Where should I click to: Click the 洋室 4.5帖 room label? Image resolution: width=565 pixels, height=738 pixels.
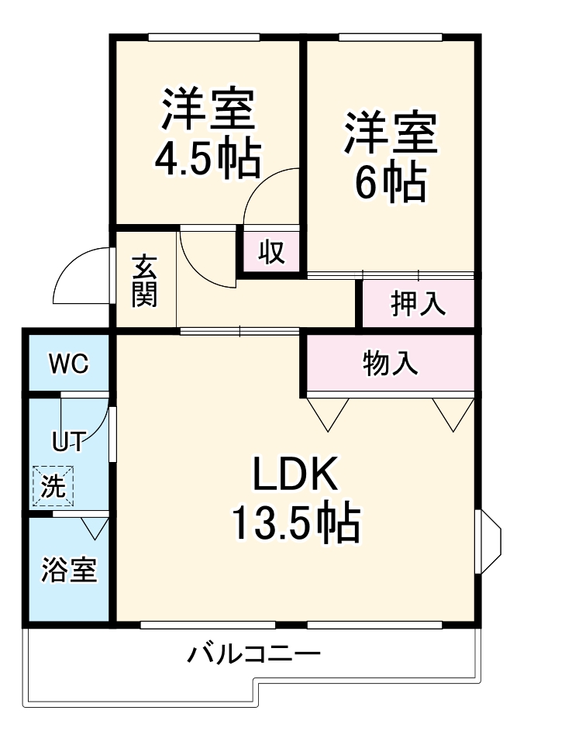[x=207, y=133]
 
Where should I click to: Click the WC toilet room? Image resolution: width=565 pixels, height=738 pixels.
[x=68, y=363]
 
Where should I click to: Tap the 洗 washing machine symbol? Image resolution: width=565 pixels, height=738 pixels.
[x=53, y=486]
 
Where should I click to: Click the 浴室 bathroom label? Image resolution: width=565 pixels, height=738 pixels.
[x=69, y=570]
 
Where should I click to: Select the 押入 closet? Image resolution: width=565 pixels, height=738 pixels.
[x=418, y=303]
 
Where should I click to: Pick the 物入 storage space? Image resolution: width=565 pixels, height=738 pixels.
[x=391, y=363]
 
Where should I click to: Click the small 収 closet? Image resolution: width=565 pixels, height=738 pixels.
[x=270, y=252]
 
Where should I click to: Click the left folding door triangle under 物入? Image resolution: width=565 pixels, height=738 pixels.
[x=327, y=411]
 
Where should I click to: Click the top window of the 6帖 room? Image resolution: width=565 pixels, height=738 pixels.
[x=391, y=37]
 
